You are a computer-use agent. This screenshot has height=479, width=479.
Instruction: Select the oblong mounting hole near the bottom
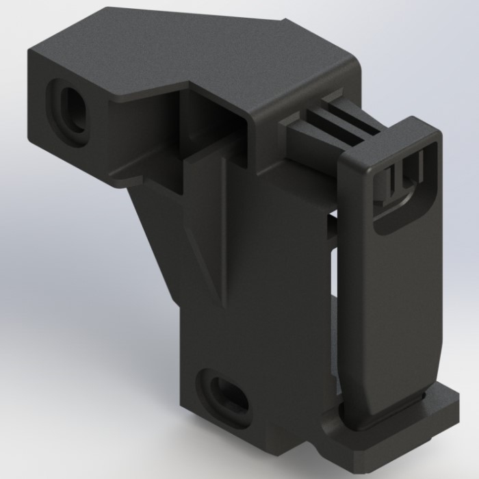tap(224, 394)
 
